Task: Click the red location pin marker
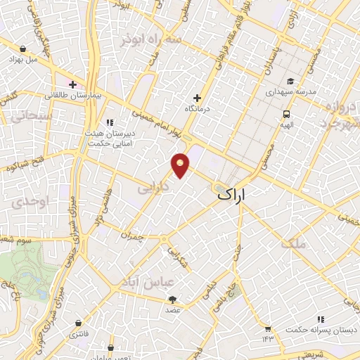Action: point(181,165)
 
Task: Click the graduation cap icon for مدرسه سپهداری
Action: point(290,80)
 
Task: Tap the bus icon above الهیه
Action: point(287,113)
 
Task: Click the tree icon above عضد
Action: point(172,299)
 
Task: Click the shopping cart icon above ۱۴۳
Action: point(268,328)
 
